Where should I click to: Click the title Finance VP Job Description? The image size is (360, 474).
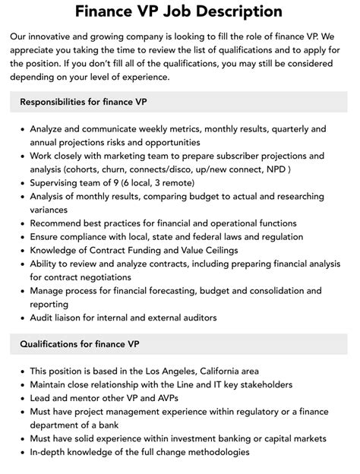click(179, 12)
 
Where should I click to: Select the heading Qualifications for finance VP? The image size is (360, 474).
click(81, 345)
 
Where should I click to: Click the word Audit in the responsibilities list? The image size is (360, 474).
click(43, 318)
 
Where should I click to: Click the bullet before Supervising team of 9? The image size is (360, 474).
click(21, 182)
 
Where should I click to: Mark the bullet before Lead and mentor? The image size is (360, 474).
click(21, 398)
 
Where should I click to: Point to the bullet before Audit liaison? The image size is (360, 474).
click(21, 318)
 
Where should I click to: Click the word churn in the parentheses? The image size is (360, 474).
click(113, 169)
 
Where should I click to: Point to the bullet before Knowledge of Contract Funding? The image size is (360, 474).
click(21, 250)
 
